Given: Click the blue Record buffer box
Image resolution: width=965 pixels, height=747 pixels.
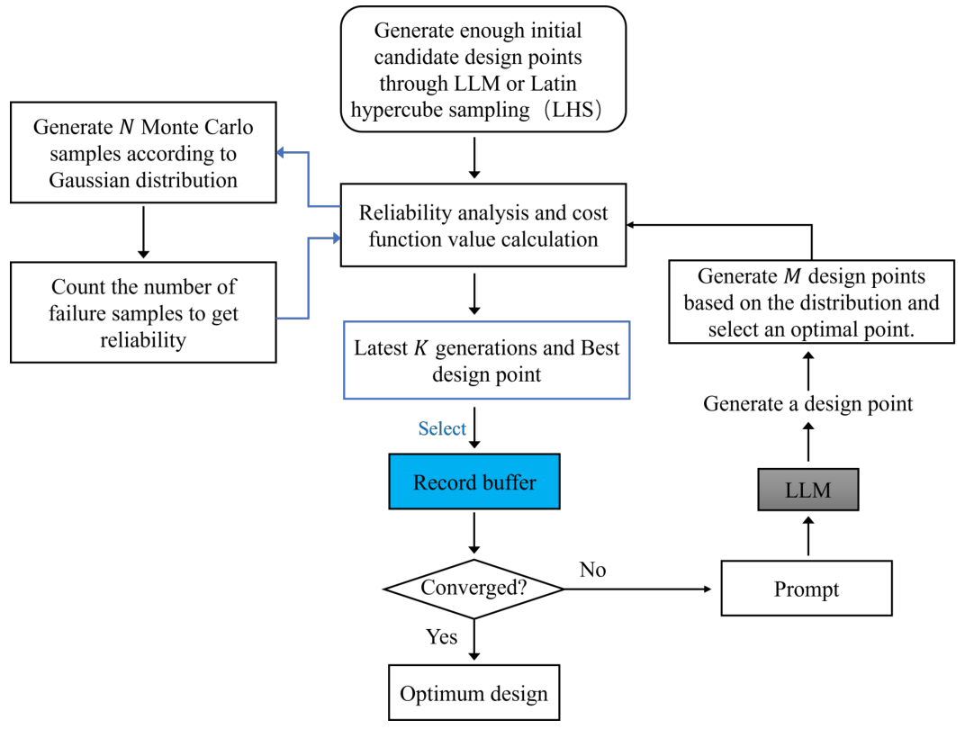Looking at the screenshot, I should coord(474,482).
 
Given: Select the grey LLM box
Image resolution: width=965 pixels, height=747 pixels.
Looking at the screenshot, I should coord(807,490).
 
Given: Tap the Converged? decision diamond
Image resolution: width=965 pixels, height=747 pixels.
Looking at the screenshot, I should coord(474,589).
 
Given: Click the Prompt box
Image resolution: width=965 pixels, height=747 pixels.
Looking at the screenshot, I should coord(807,589).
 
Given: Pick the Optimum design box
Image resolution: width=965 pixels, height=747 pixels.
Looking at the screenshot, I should coord(473,694).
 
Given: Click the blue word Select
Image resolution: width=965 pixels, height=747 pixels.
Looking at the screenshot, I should coord(442,429).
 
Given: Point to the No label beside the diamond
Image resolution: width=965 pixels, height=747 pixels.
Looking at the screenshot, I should coord(593,571).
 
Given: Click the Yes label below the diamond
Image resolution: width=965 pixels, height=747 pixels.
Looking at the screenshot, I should coord(441,637).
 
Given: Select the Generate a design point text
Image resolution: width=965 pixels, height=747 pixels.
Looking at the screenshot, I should coord(807,404).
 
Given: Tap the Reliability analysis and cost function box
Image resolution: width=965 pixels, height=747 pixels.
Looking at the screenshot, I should coord(483,226).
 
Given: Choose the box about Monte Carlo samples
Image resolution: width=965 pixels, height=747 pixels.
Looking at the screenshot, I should coord(143,154).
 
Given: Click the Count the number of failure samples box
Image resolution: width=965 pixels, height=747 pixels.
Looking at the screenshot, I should coord(143,312).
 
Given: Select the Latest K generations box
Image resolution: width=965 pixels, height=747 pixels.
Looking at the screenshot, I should coord(486,360).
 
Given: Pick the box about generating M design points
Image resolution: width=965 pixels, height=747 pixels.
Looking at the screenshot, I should coord(811,302).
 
